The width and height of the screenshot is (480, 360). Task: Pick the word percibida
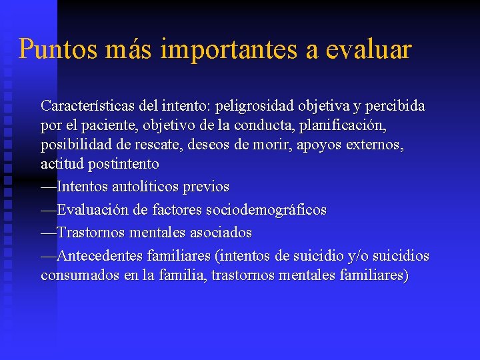point(393,106)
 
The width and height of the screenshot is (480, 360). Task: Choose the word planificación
point(340,125)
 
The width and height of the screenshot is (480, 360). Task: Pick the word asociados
point(221,233)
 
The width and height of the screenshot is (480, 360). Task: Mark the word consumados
point(80,275)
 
